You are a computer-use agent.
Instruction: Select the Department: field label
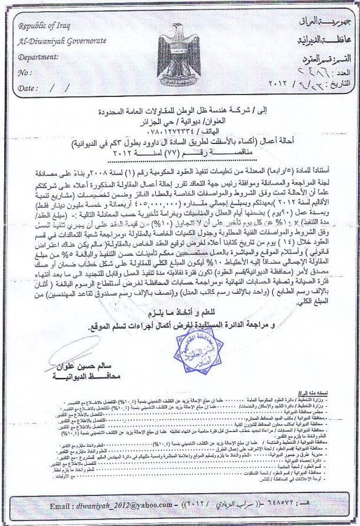click(x=39, y=58)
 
